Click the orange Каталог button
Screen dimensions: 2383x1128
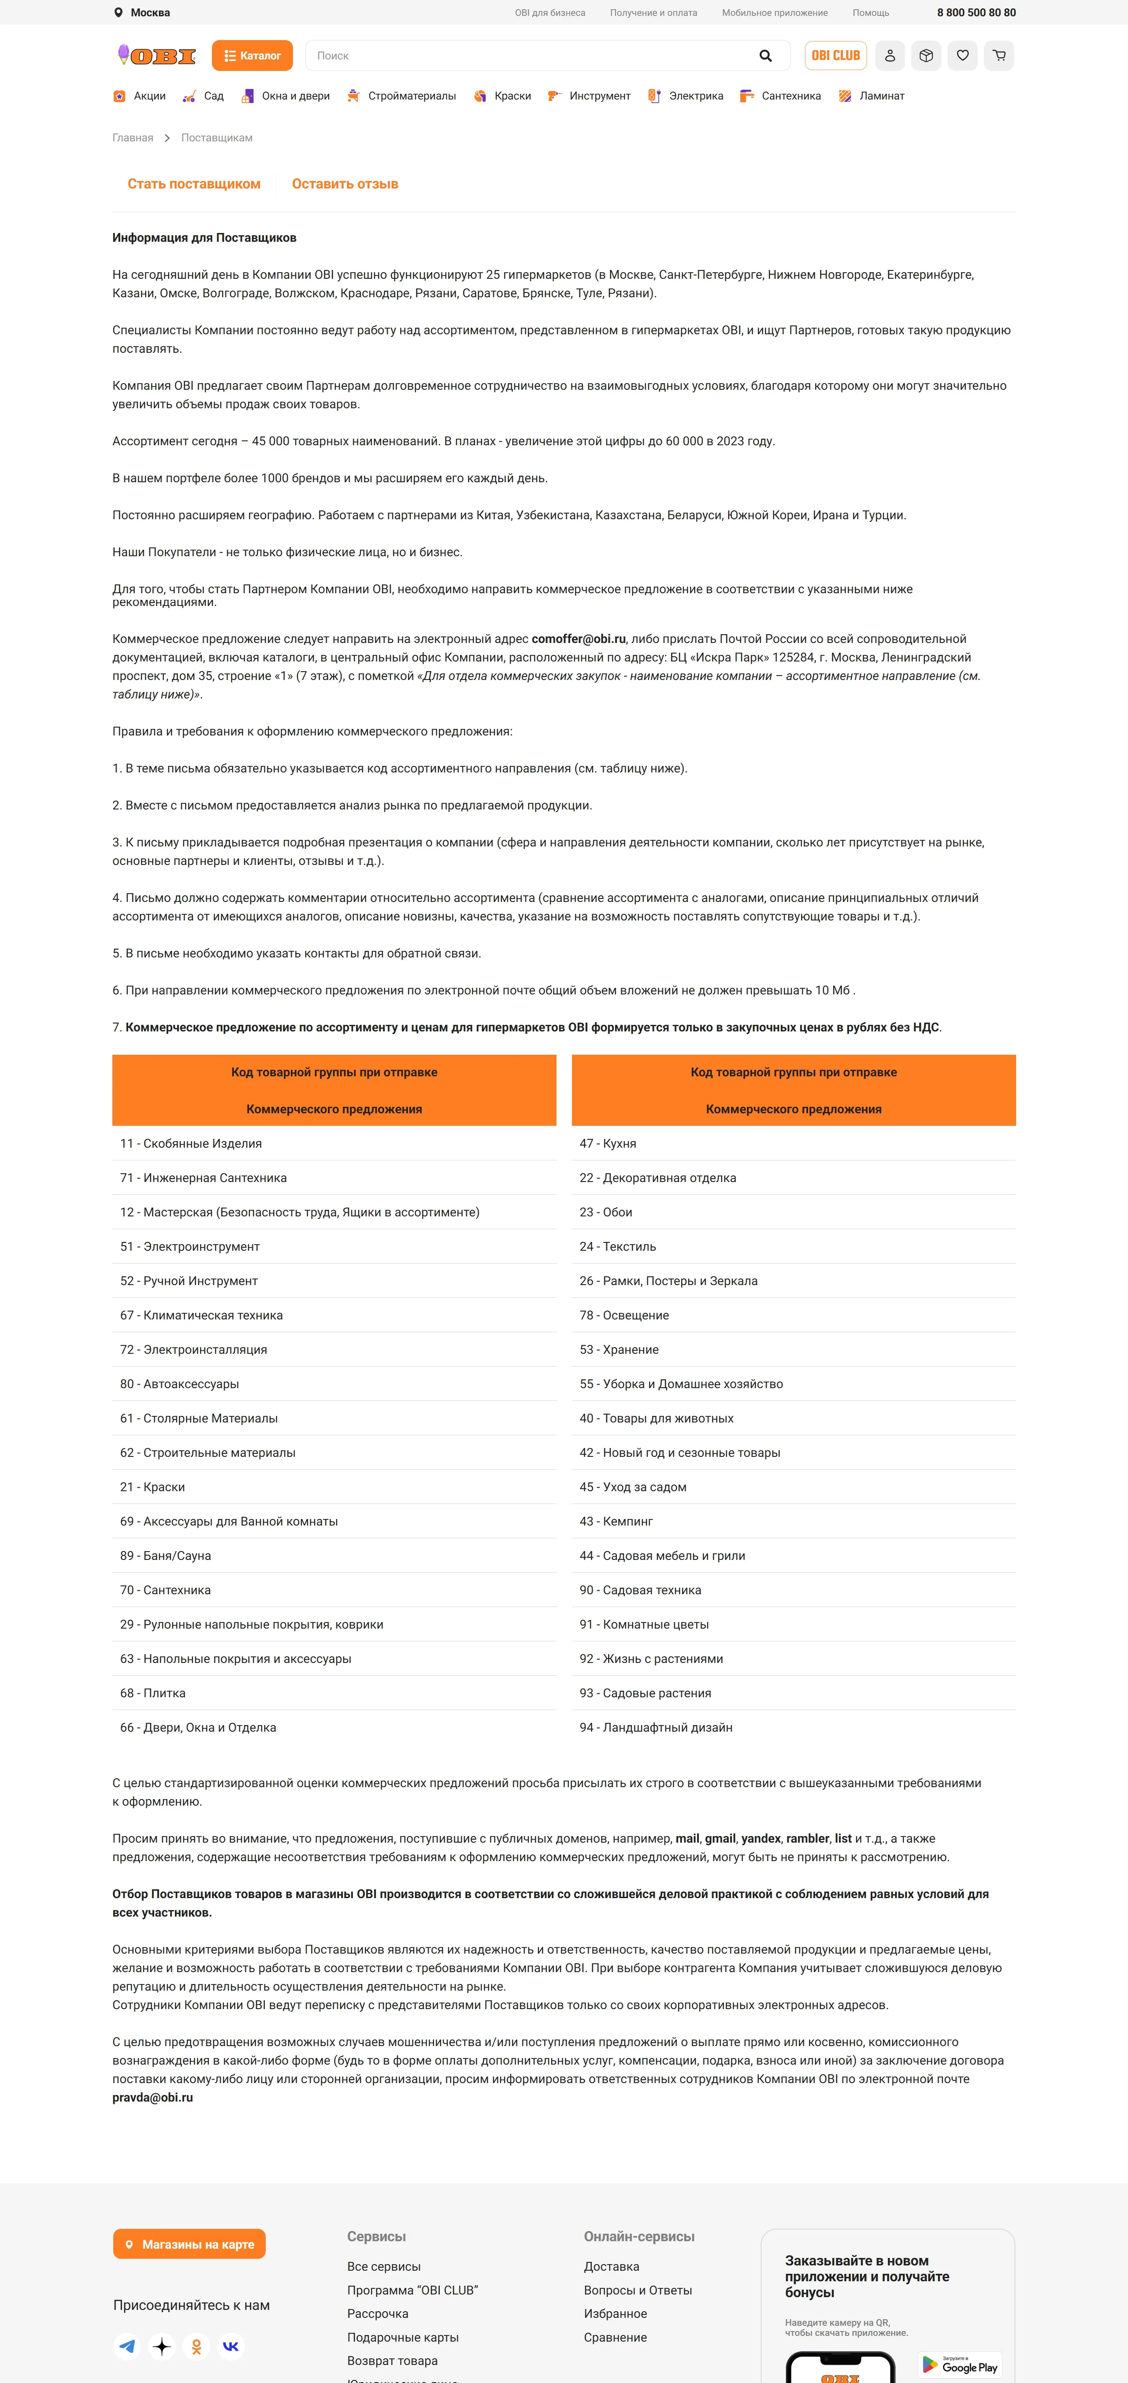[x=252, y=55]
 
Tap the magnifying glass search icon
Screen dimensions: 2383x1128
[x=765, y=55]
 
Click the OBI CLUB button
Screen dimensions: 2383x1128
[x=835, y=55]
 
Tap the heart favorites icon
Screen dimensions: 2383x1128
[x=962, y=55]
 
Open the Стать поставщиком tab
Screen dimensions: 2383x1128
[x=194, y=184]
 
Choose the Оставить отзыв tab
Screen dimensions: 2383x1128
[x=345, y=184]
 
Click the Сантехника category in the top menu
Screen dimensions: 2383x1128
[x=790, y=96]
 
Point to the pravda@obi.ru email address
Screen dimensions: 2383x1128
[x=153, y=2097]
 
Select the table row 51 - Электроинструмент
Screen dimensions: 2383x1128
[x=190, y=1246]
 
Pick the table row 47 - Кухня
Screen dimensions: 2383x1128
[x=608, y=1143]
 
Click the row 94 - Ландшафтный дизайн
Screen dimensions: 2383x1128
[x=656, y=1727]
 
